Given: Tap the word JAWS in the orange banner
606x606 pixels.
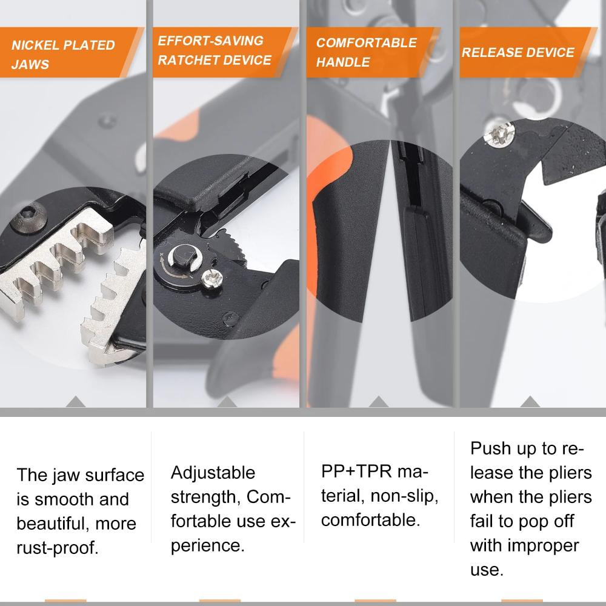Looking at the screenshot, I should (30, 65).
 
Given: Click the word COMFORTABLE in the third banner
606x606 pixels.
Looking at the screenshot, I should (366, 43).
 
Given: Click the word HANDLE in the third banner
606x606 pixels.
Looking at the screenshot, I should (342, 62).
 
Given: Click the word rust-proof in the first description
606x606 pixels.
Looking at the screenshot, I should (58, 548).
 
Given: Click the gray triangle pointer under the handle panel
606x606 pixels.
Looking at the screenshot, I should (378, 401).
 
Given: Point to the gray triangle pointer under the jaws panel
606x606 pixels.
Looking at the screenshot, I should (75, 401).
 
